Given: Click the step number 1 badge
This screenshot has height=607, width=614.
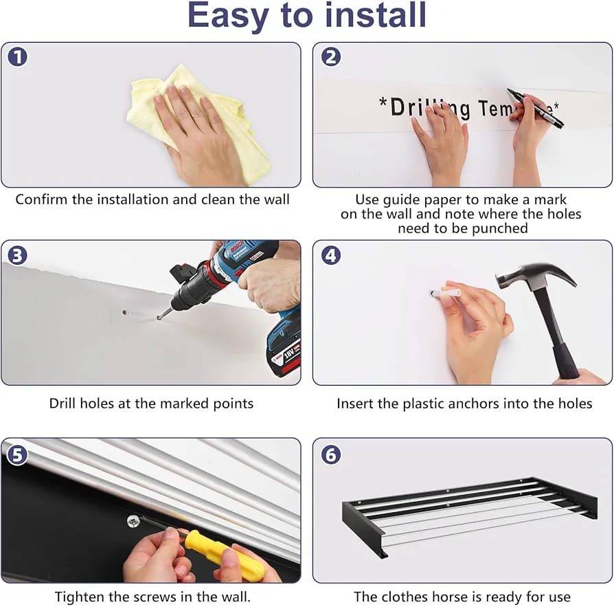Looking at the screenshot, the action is click(18, 57).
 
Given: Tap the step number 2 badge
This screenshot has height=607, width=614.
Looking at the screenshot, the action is click(331, 57).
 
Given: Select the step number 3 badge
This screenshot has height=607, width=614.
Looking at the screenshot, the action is click(18, 256).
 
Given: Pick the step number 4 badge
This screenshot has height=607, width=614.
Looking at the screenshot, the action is click(331, 256).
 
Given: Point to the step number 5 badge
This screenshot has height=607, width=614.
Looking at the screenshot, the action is click(18, 455).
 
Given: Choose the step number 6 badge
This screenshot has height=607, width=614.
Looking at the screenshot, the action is click(331, 455).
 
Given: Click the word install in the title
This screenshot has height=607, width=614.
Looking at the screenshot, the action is click(376, 15).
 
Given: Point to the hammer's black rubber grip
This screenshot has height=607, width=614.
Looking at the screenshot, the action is click(566, 360).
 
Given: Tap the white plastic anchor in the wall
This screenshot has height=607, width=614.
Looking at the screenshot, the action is click(444, 294).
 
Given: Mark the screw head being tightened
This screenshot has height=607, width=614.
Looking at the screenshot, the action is click(133, 521).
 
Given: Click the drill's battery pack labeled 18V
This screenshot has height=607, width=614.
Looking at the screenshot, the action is click(284, 355).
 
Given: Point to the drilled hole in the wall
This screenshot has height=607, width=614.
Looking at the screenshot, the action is click(124, 312).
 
